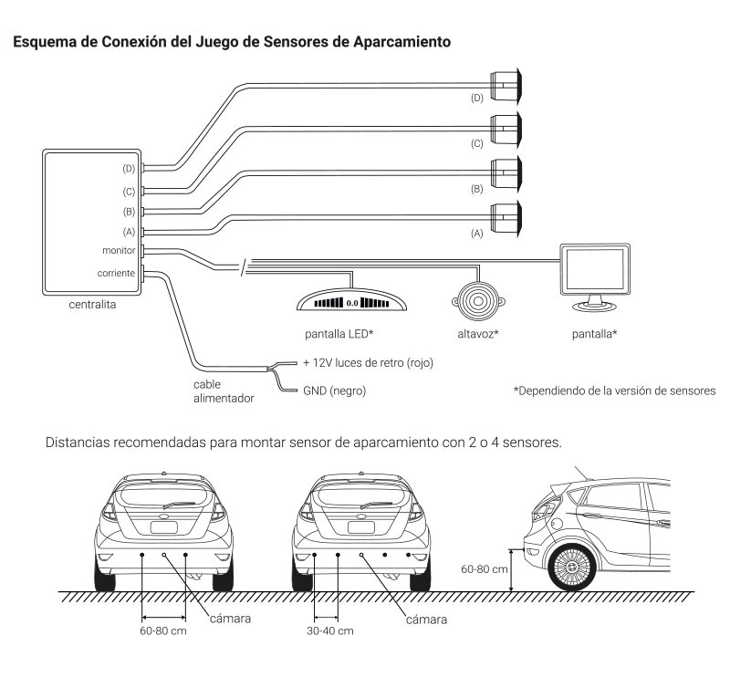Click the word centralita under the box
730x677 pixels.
(91, 306)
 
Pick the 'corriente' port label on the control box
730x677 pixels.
(116, 272)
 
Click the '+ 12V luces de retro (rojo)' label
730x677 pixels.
(368, 362)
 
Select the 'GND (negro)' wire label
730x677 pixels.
(342, 391)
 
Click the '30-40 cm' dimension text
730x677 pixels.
(326, 630)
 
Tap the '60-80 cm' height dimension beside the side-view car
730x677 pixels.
(485, 568)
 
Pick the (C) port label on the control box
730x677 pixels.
(129, 191)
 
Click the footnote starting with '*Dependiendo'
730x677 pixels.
(614, 391)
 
